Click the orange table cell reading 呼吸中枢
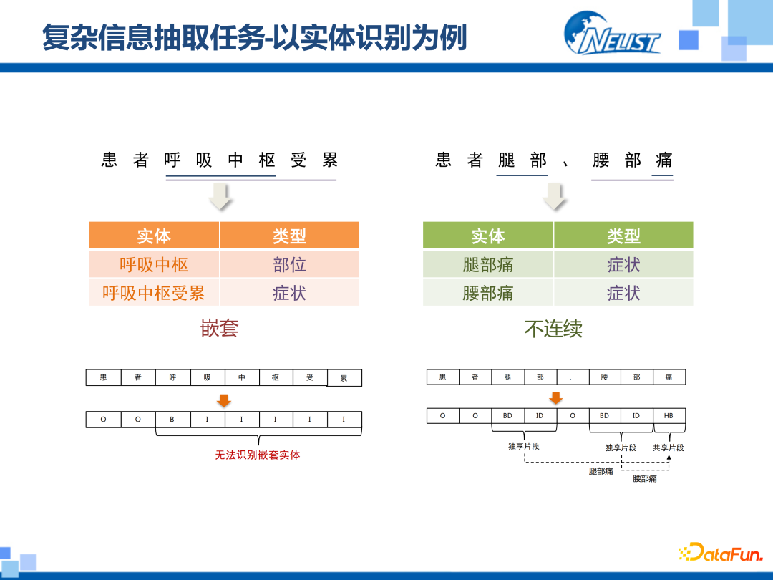click(154, 265)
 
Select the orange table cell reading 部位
click(289, 265)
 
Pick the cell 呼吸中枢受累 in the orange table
click(154, 293)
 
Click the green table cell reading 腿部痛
click(487, 265)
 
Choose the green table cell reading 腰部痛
click(487, 293)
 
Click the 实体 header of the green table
click(487, 236)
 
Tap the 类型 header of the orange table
click(289, 236)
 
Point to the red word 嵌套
click(219, 329)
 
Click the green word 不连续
click(553, 329)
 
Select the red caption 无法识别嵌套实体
click(258, 455)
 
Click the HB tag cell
click(669, 416)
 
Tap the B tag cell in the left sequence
click(172, 420)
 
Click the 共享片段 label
click(669, 448)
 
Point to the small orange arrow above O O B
click(224, 400)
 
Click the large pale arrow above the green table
click(555, 196)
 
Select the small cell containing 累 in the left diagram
click(344, 378)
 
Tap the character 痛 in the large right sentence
click(663, 160)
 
